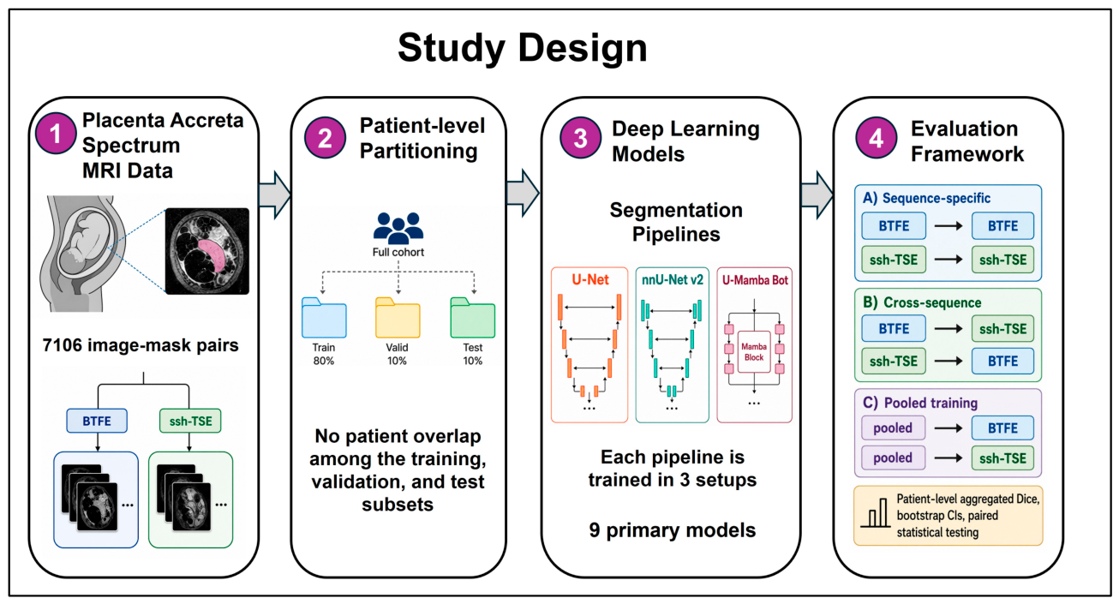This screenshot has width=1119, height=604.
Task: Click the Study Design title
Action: click(x=522, y=48)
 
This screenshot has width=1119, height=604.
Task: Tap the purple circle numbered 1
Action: click(x=56, y=133)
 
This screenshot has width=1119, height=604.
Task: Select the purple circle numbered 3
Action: click(x=580, y=138)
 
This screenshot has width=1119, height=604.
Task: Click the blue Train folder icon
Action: click(x=324, y=318)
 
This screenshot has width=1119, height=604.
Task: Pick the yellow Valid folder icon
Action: click(x=398, y=318)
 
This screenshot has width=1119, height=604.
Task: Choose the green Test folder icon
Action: click(x=473, y=318)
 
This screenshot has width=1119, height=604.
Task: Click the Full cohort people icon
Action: click(x=398, y=228)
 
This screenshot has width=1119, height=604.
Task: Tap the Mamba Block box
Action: click(x=754, y=352)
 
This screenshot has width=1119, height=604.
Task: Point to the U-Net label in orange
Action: click(x=590, y=280)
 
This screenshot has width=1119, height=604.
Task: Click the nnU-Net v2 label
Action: click(x=673, y=280)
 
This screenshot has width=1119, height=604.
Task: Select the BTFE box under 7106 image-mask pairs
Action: click(x=97, y=421)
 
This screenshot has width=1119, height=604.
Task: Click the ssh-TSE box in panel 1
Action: click(x=190, y=421)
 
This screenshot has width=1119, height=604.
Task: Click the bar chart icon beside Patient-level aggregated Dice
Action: click(x=876, y=513)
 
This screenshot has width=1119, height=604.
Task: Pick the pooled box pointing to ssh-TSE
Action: click(x=893, y=457)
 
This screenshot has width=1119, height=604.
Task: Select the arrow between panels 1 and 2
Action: click(x=275, y=194)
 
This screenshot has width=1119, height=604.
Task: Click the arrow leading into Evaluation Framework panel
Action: click(x=817, y=194)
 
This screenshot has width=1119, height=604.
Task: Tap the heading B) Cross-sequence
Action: click(x=922, y=302)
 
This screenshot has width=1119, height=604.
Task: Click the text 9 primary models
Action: click(x=672, y=530)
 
